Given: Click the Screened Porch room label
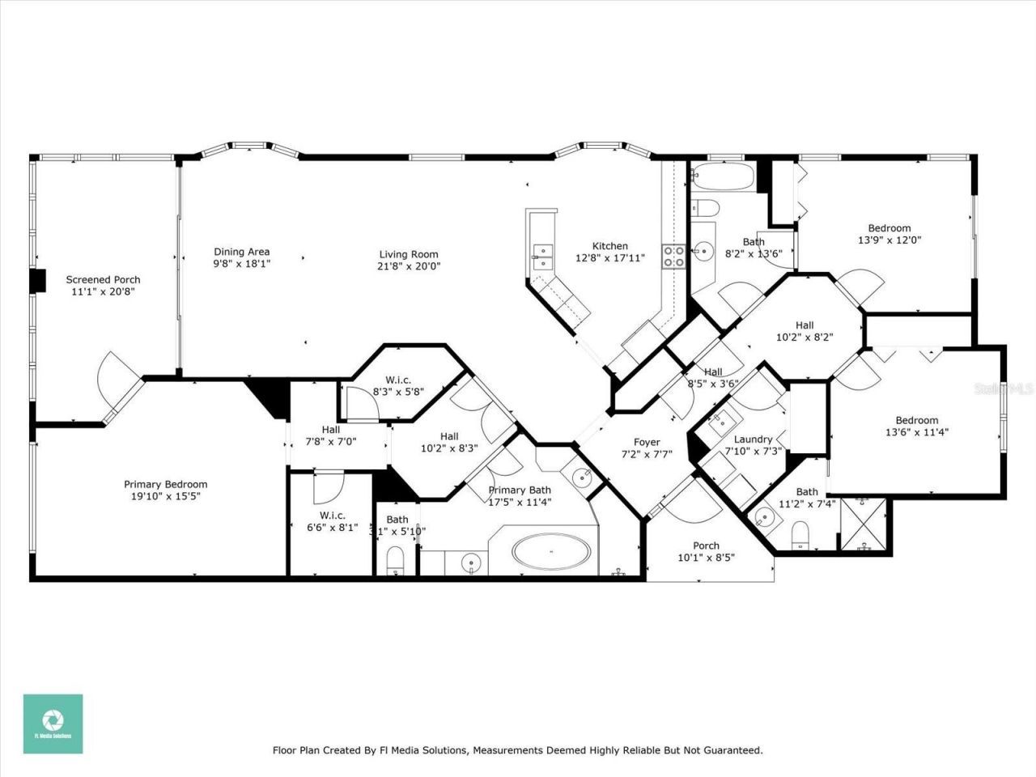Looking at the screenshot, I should point(103,280).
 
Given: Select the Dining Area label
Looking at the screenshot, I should point(241,252).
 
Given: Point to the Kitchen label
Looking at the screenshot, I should point(609,246).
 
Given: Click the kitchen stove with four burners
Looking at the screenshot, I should point(673,257).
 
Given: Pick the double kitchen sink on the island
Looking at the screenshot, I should point(541,257).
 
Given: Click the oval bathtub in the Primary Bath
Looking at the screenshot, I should point(552,553).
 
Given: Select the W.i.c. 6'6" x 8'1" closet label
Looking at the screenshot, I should point(332,516).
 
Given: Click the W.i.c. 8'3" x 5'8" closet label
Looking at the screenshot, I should point(398,380).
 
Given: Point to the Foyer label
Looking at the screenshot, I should point(646,442).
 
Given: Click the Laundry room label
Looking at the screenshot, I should point(753,439).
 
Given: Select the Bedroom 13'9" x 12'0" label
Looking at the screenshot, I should point(889,228).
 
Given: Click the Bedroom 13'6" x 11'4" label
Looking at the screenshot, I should point(916,420).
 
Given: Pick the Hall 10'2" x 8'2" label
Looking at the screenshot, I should point(804,325).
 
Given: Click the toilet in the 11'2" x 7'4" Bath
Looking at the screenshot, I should point(800,534).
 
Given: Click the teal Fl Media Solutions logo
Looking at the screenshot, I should point(53,724).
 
